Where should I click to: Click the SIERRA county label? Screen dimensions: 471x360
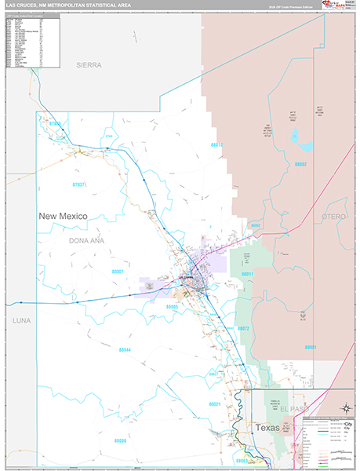click(89, 65)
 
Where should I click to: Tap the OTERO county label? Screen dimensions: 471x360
click(333, 215)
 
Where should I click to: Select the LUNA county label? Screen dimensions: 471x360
click(21, 321)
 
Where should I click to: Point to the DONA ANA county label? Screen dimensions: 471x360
click(85, 240)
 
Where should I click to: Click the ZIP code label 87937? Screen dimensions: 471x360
click(78, 186)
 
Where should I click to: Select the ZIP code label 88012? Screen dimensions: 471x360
click(217, 145)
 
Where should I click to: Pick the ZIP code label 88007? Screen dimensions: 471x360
click(118, 271)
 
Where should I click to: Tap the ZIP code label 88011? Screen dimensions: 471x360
click(246, 274)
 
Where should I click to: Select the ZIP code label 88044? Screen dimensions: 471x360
click(125, 349)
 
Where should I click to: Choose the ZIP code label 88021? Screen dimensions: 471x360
click(215, 404)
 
